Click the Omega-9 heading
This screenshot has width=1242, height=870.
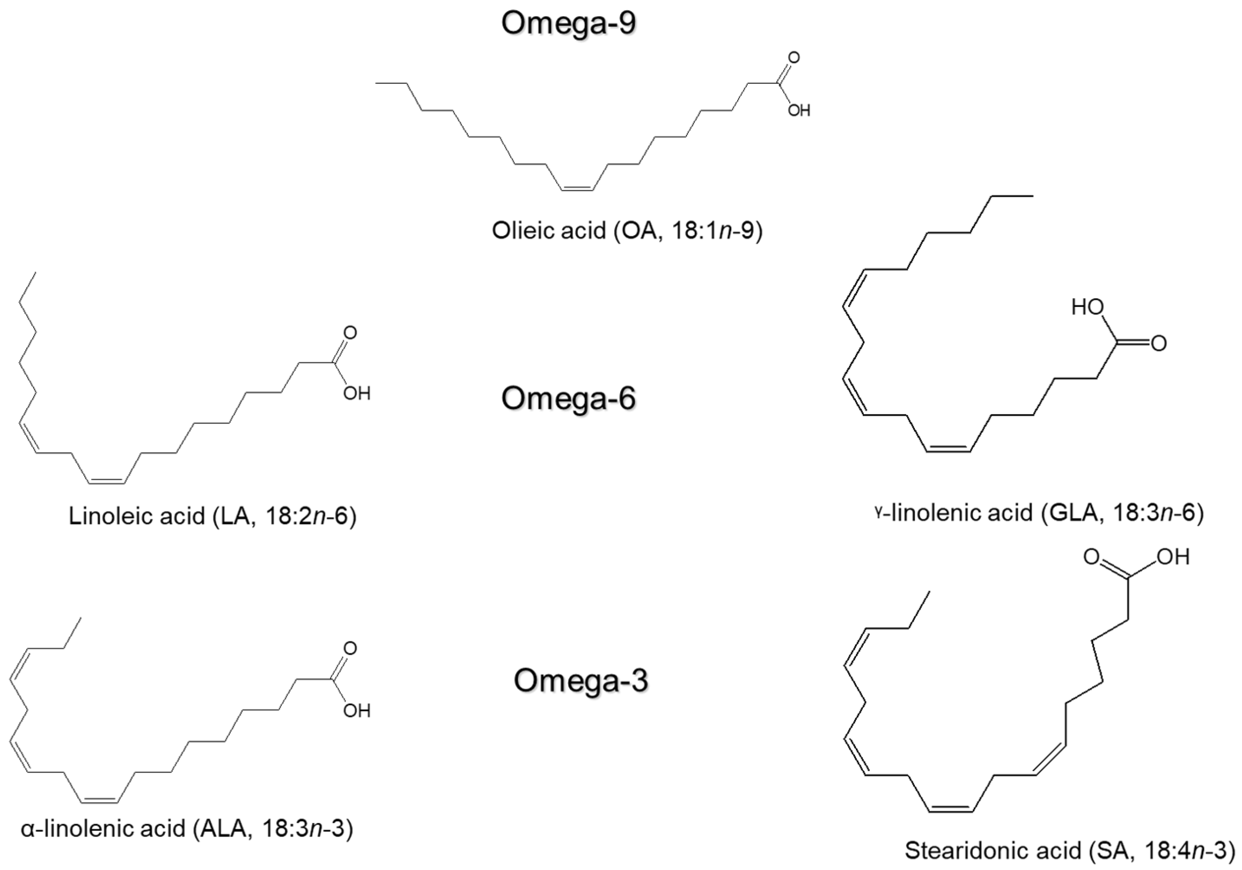point(568,24)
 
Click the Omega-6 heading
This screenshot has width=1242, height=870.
point(568,398)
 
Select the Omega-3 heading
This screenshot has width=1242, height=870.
point(580,680)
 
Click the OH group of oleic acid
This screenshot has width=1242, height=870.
point(798,111)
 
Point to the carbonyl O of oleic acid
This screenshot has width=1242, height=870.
point(793,58)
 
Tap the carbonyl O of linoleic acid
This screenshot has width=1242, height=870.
point(350,333)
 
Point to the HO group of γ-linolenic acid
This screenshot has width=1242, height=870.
point(1087,308)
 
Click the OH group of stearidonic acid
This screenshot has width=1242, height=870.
point(1174,557)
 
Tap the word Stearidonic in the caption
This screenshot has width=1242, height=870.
point(993,851)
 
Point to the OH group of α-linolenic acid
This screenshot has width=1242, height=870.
point(357,710)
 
